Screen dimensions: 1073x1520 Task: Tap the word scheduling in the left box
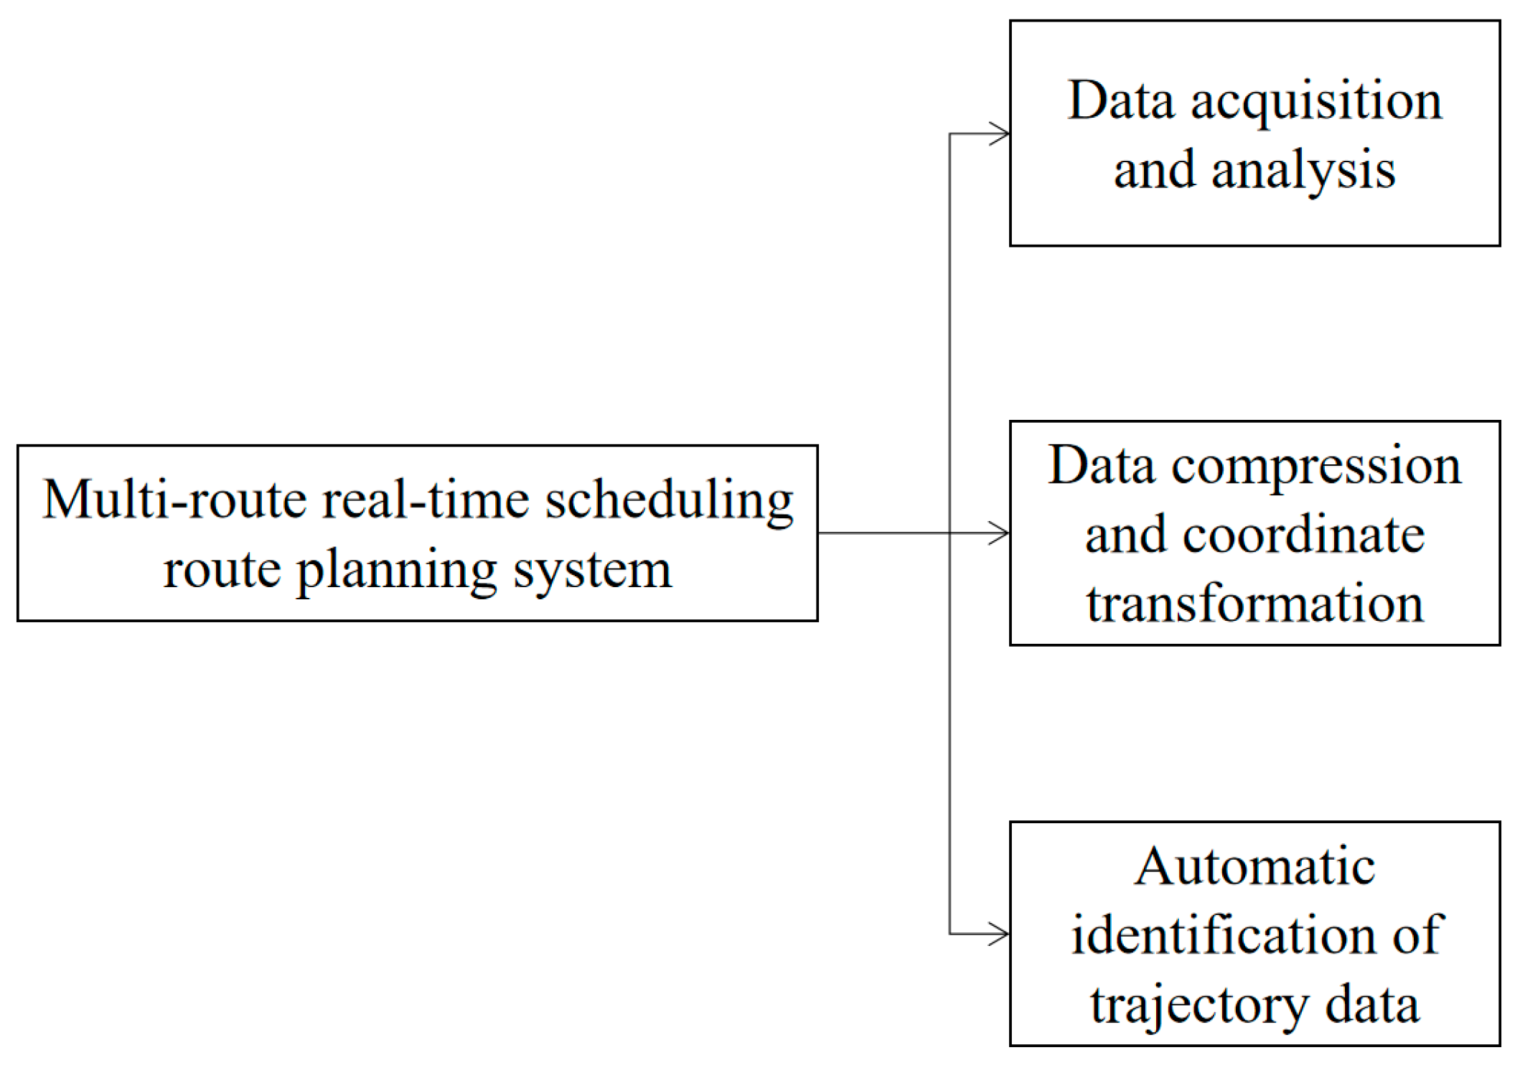pyautogui.click(x=669, y=500)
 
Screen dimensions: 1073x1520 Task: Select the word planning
pyautogui.click(x=397, y=571)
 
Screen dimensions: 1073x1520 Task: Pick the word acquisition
pyautogui.click(x=1316, y=101)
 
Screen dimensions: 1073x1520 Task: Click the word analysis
pyautogui.click(x=1303, y=171)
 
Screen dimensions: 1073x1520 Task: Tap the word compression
pyautogui.click(x=1316, y=467)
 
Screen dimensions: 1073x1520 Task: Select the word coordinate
pyautogui.click(x=1303, y=535)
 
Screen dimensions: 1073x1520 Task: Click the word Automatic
pyautogui.click(x=1254, y=866)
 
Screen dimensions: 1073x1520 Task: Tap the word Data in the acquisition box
pyautogui.click(x=1121, y=100)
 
